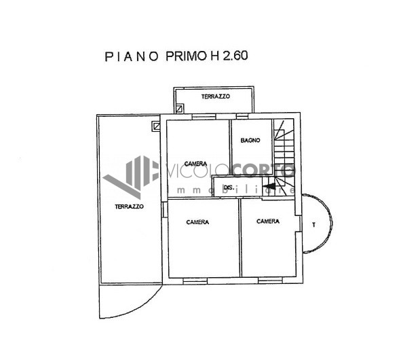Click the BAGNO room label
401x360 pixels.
pos(250,141)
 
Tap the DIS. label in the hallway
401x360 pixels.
pos(229,187)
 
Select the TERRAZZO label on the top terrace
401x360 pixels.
pos(216,96)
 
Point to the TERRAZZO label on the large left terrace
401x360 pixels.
pos(129,206)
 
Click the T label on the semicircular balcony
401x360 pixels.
pos(313,225)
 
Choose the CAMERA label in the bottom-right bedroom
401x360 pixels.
pos(268,221)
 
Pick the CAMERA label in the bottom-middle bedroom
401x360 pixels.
pos(197,222)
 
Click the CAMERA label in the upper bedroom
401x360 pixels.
pos(195,164)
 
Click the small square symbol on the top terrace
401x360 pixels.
pos(180,108)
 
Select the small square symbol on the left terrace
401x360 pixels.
pos(156,126)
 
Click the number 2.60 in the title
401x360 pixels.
pos(235,56)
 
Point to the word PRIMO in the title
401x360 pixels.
pos(186,56)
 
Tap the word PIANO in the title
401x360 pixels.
pos(132,56)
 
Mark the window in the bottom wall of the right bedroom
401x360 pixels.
pos(270,281)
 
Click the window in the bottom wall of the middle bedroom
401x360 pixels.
pos(195,281)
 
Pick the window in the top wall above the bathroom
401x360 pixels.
pos(242,117)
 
